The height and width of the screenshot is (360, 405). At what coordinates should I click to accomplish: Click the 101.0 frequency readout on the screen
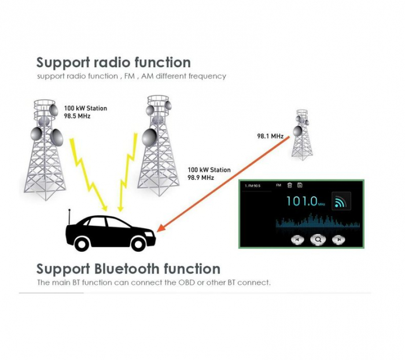(302, 201)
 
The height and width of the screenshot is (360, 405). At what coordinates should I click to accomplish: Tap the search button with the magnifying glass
(318, 238)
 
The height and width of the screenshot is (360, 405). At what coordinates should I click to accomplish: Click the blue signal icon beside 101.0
(340, 201)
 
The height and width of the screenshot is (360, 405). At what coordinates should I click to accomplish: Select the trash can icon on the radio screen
(290, 185)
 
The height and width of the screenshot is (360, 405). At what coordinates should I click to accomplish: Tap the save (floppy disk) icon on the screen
(300, 185)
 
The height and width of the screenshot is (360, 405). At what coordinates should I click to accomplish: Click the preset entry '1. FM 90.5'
(253, 186)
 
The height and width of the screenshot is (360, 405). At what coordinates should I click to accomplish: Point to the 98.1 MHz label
(270, 137)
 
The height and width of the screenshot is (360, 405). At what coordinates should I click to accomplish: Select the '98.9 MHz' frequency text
(201, 178)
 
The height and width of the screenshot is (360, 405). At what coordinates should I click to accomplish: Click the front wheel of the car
(138, 244)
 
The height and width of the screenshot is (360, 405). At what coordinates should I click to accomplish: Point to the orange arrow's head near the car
(160, 230)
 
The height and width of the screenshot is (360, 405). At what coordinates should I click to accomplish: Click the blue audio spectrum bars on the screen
(312, 222)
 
